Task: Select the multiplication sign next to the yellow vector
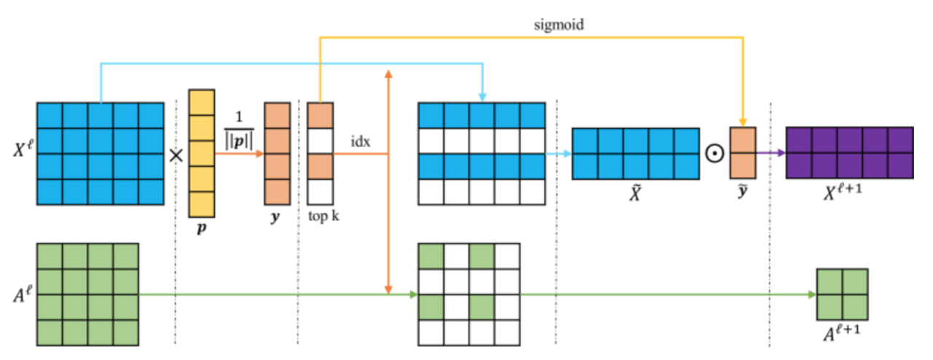tap(175, 154)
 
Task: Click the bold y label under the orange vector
tap(276, 218)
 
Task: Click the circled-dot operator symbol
tap(716, 154)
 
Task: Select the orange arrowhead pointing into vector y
tap(259, 154)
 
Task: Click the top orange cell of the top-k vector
tap(320, 115)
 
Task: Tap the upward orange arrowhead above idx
tap(389, 74)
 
